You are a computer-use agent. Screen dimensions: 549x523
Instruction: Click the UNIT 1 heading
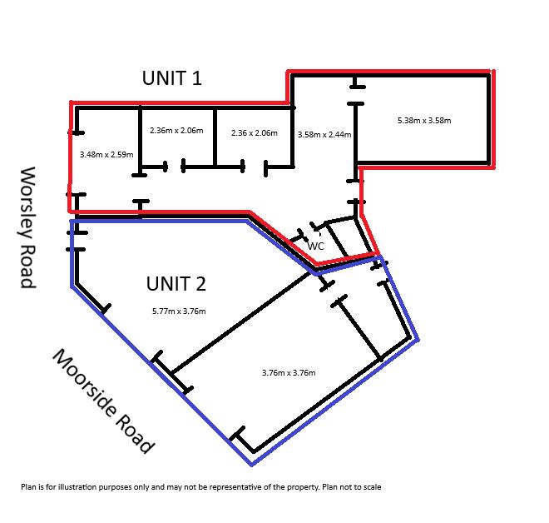pos(172,78)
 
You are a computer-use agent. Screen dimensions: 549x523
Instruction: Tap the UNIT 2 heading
pos(176,284)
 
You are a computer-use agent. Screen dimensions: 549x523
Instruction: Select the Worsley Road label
pos(28,227)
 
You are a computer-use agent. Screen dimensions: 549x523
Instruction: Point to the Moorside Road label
pos(103,401)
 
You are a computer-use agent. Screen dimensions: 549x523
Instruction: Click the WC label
pos(316,246)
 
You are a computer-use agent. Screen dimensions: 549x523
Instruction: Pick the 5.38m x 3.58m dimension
pos(424,121)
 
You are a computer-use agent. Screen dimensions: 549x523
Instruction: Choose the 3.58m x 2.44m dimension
pos(324,135)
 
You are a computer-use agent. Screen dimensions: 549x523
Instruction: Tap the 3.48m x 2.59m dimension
pos(106,155)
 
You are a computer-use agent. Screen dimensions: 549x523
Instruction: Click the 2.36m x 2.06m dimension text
pos(176,131)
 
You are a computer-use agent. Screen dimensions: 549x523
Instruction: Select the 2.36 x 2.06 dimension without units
pos(255,133)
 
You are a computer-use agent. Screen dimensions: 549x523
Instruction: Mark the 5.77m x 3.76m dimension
pos(179,311)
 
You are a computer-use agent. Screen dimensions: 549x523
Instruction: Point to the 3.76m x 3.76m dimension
pos(289,372)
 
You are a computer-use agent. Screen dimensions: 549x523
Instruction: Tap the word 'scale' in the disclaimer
pos(373,487)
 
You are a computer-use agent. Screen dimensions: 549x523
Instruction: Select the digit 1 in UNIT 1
pos(197,78)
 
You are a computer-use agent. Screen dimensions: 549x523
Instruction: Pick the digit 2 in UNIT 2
pos(200,284)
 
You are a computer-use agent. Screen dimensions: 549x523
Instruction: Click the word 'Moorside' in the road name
pos(84,382)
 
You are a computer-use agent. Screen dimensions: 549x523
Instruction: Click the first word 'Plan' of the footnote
pos(27,487)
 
